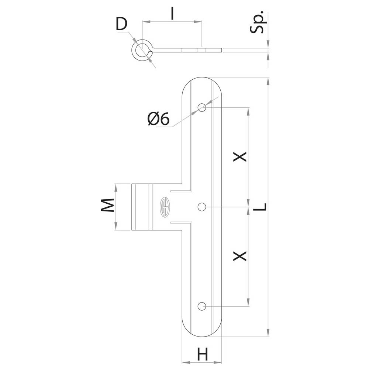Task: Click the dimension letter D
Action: coord(121,24)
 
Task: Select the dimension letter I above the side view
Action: coord(172,13)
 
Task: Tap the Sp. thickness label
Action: coord(258,22)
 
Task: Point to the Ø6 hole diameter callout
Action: coord(158,118)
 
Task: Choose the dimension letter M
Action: coord(107,205)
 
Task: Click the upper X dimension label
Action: coord(239,156)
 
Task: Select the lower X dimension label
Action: coord(239,256)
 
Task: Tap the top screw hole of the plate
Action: coord(202,107)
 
